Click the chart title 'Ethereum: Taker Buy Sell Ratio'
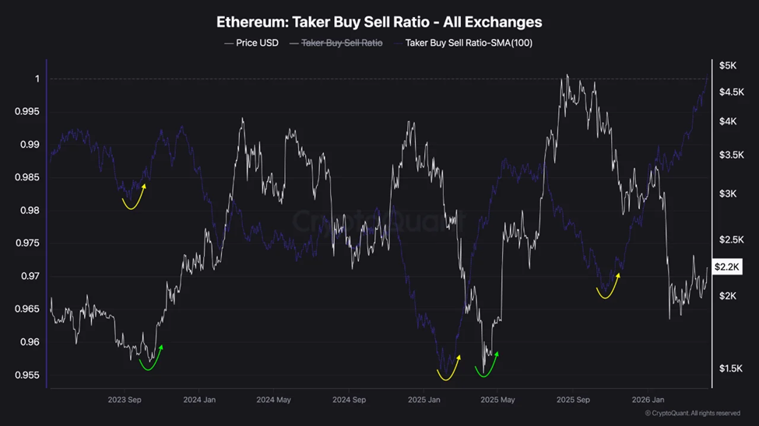coord(379,22)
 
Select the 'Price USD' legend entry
coord(257,43)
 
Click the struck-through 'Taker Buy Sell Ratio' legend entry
coord(342,43)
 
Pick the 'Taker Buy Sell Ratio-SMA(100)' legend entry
coord(469,43)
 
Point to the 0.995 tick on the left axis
coord(27,112)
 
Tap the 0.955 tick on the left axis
coord(27,375)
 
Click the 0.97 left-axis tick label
coord(30,276)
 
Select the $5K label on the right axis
coord(728,66)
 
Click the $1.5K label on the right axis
coord(731,368)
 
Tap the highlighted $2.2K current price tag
coord(727,267)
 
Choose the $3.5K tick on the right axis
coord(731,155)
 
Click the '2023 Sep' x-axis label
coord(125,400)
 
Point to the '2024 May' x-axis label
coord(273,400)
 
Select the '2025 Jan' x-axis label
coord(423,400)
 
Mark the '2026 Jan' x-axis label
coord(648,400)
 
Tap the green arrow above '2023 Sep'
coord(150,359)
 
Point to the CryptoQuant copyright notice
coord(692,414)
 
